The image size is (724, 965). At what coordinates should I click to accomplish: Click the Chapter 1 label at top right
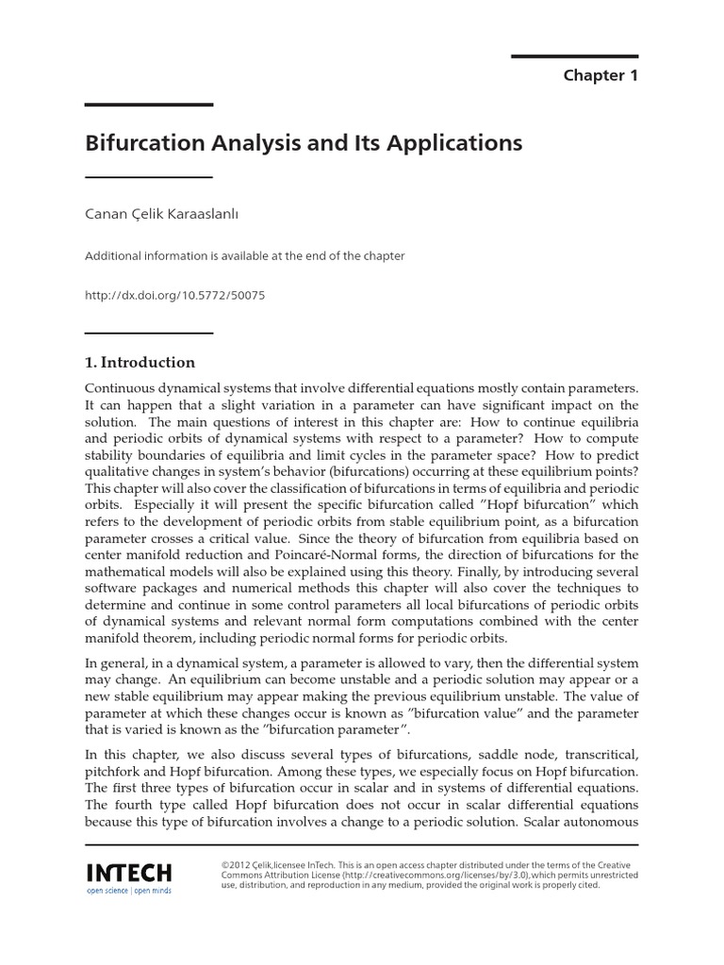tap(601, 75)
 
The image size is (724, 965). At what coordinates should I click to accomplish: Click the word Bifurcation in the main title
tap(142, 144)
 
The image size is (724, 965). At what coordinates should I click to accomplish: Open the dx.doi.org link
tap(175, 295)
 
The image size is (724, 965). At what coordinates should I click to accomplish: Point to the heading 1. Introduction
tap(140, 363)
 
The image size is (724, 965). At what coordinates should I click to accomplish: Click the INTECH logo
tap(128, 870)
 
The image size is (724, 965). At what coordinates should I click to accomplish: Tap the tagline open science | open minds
tap(128, 891)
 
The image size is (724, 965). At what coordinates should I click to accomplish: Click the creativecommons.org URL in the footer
tap(419, 875)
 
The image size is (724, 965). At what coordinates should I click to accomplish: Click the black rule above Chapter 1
tap(575, 56)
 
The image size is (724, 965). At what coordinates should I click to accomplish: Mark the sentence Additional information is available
tap(245, 256)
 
